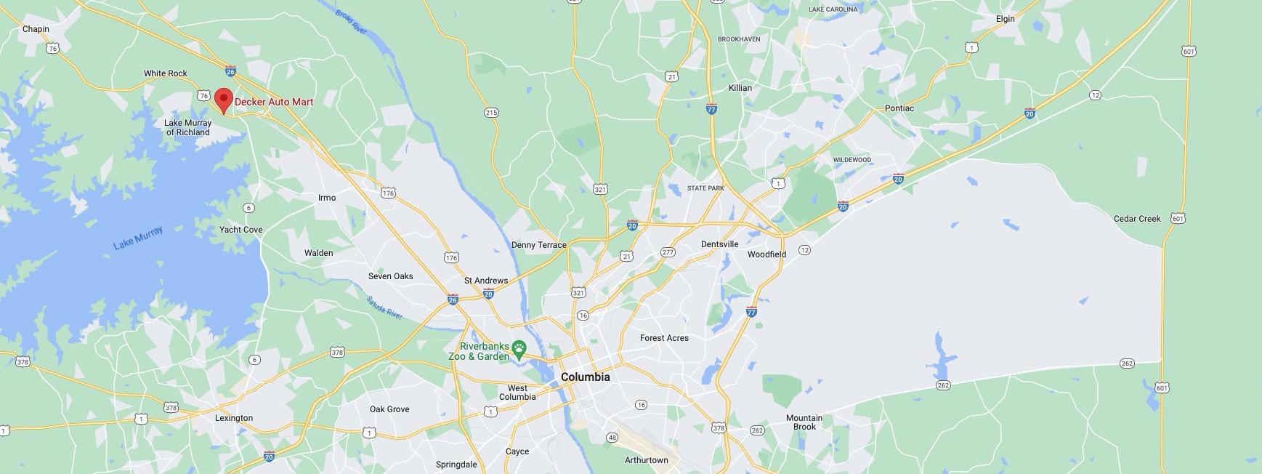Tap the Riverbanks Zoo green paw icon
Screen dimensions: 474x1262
[x=519, y=350]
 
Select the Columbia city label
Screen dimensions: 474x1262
[x=585, y=377]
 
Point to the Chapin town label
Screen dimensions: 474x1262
[x=36, y=29]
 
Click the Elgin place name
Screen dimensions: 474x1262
[x=1006, y=19]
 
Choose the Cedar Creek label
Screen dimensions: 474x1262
[x=1137, y=219]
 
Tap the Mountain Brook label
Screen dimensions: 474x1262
[x=804, y=422]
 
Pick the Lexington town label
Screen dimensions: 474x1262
[x=234, y=418]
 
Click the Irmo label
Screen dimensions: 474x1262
[x=327, y=198]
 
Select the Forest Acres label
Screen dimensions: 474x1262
[x=664, y=338]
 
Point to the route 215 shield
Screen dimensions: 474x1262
[x=491, y=113]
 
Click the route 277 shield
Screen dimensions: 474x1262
[x=668, y=252]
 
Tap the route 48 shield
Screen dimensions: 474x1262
[x=612, y=438]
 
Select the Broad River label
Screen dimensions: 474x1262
[x=352, y=20]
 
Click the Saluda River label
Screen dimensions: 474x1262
[x=384, y=308]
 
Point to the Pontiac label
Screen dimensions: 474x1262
[x=899, y=108]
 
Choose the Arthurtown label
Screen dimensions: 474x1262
[x=646, y=460]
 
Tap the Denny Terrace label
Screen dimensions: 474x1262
[x=538, y=245]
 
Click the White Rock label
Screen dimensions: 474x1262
[x=165, y=73]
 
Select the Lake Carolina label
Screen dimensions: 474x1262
[x=833, y=9]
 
